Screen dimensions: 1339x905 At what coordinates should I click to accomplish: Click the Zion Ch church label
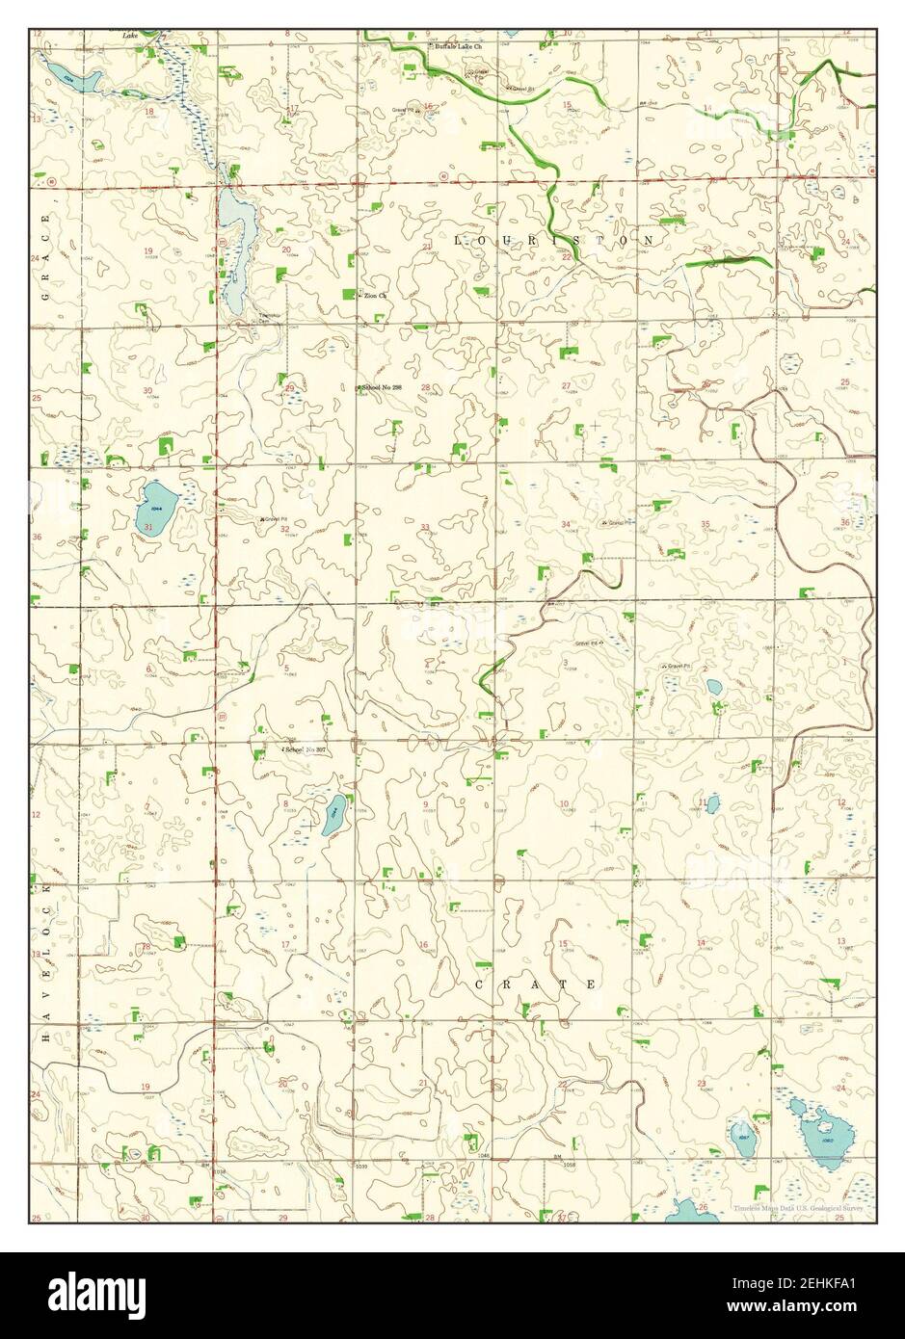coord(375,295)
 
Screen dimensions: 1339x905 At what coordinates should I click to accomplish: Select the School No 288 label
coord(380,387)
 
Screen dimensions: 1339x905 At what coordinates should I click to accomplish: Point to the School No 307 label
coord(307,748)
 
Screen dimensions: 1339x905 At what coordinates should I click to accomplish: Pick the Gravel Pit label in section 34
coord(617,523)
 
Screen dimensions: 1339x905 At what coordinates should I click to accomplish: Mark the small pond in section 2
coord(713,687)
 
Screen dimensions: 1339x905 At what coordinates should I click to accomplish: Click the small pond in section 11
coord(712,801)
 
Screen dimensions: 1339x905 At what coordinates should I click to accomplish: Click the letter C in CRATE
coord(479,985)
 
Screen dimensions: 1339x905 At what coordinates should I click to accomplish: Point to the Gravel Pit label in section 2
coord(678,666)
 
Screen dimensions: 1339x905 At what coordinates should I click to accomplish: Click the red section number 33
coord(425,527)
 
